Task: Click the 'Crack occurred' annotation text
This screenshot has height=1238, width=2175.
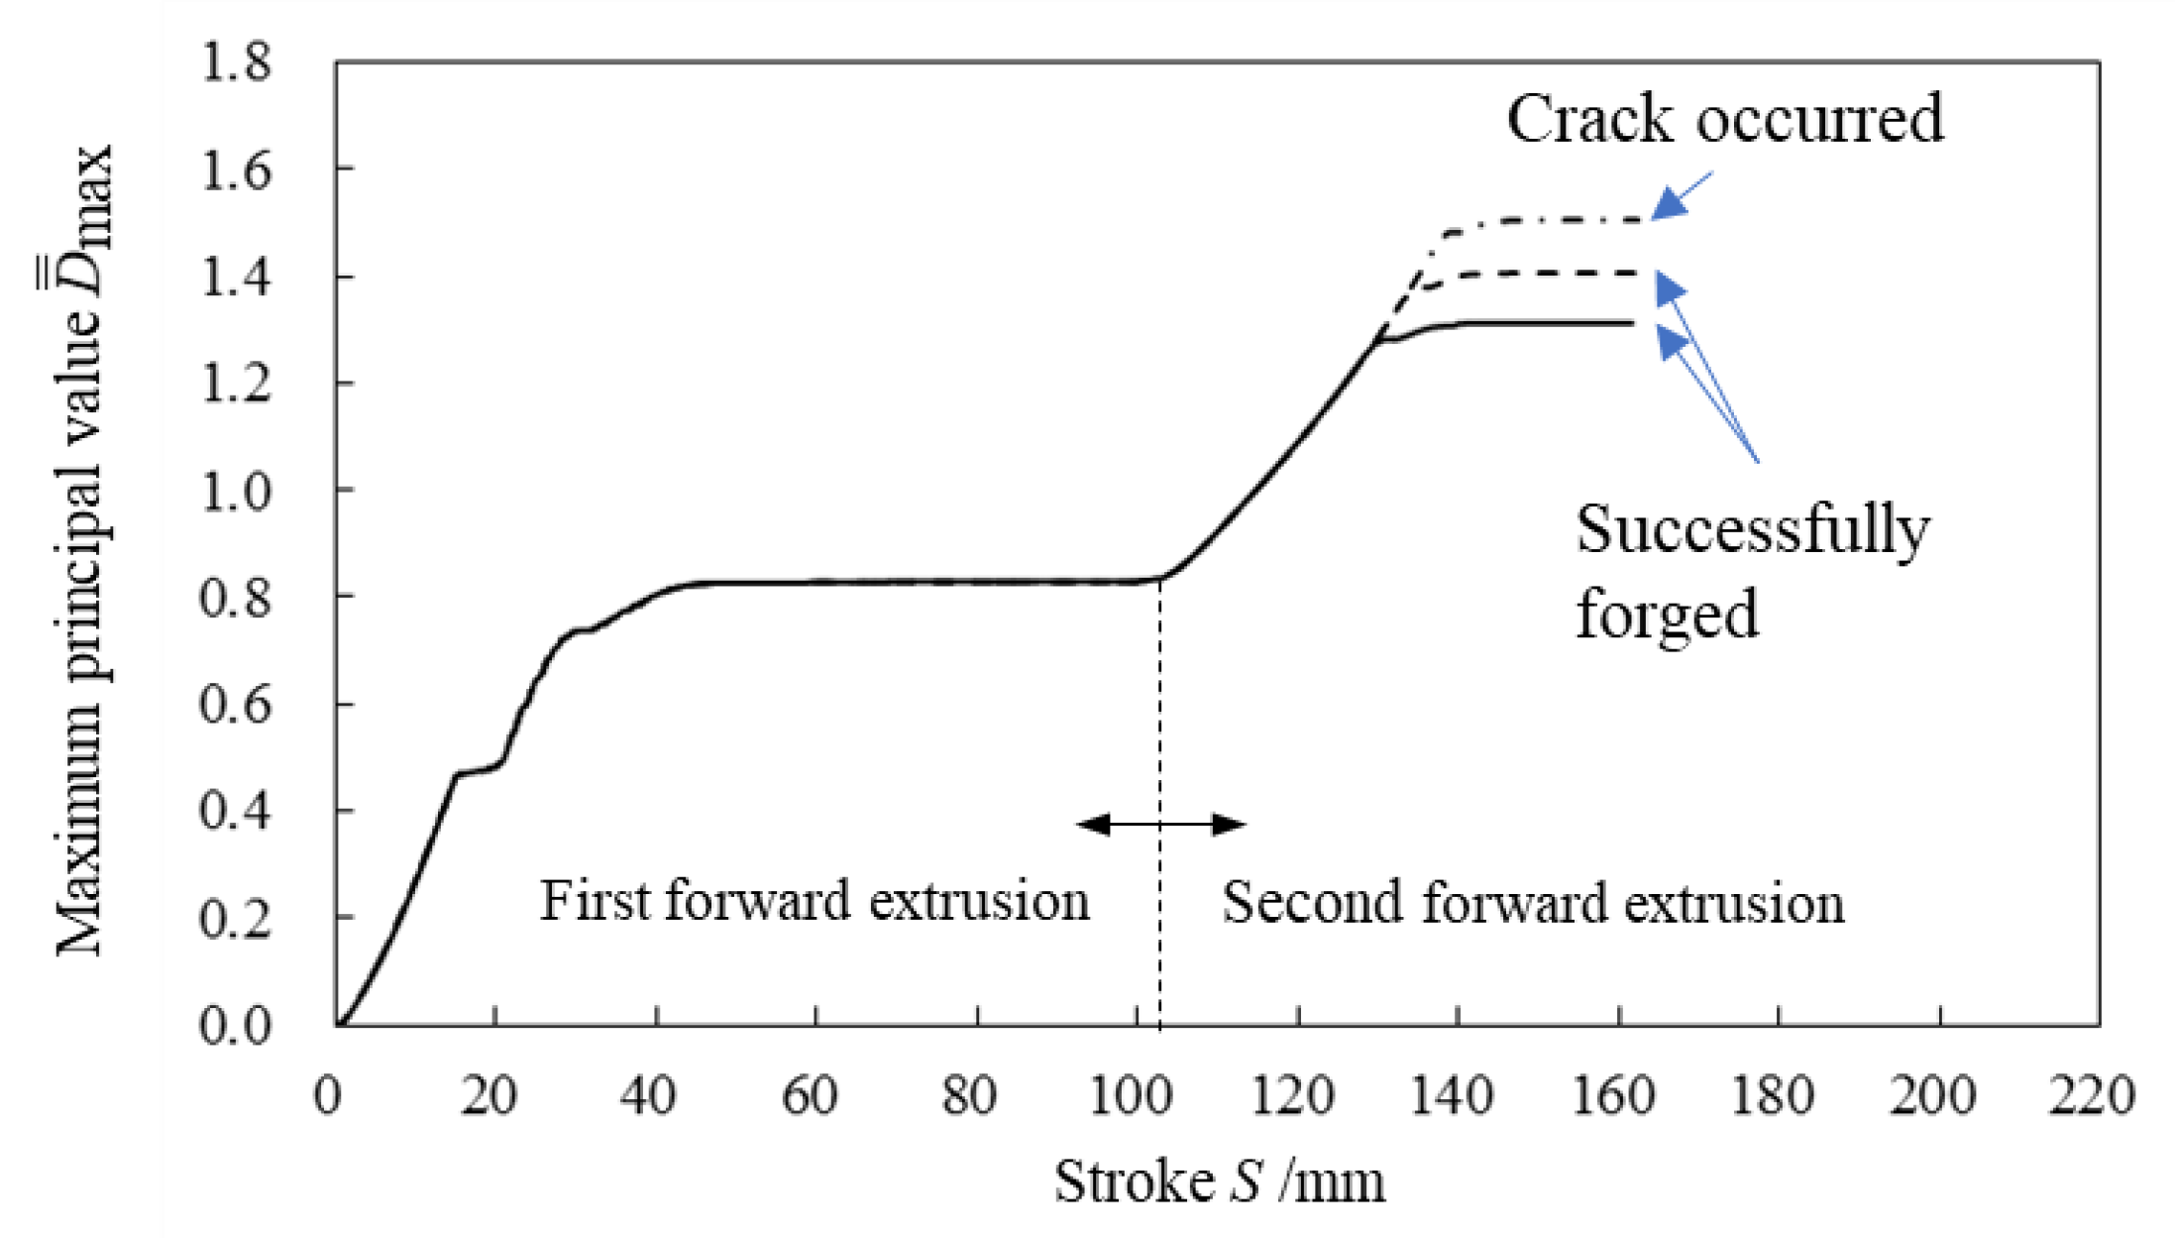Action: [x=1724, y=119]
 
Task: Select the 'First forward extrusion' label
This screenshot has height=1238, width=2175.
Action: [x=814, y=901]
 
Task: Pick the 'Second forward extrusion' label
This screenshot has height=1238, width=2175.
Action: [x=1532, y=903]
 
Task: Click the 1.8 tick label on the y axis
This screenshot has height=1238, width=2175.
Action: [x=235, y=61]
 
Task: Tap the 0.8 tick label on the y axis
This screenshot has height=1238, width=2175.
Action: [x=235, y=597]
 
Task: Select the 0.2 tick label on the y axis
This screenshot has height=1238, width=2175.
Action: [x=235, y=918]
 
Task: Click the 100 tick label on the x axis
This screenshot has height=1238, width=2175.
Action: [x=1131, y=1096]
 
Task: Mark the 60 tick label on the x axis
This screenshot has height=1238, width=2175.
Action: [x=810, y=1096]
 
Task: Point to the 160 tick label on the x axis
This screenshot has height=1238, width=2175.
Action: [x=1613, y=1096]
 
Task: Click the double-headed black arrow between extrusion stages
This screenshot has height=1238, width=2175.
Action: [x=1160, y=824]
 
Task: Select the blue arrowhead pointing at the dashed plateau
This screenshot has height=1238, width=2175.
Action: [x=1671, y=288]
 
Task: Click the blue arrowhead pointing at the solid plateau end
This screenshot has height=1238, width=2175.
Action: [x=1673, y=342]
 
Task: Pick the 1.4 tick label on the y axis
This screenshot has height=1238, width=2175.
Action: [x=235, y=276]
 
